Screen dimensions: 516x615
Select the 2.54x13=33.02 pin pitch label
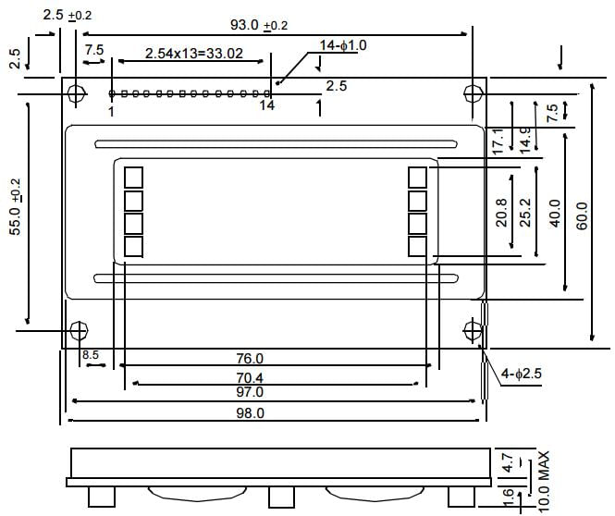tap(193, 54)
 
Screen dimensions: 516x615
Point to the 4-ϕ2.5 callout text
tap(523, 374)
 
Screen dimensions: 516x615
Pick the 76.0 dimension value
tap(250, 358)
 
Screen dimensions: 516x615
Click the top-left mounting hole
tap(77, 93)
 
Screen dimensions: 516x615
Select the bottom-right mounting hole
tap(473, 329)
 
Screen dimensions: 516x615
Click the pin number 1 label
tap(111, 111)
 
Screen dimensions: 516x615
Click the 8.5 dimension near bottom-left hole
tap(90, 355)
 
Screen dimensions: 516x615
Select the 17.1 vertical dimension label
tap(498, 140)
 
